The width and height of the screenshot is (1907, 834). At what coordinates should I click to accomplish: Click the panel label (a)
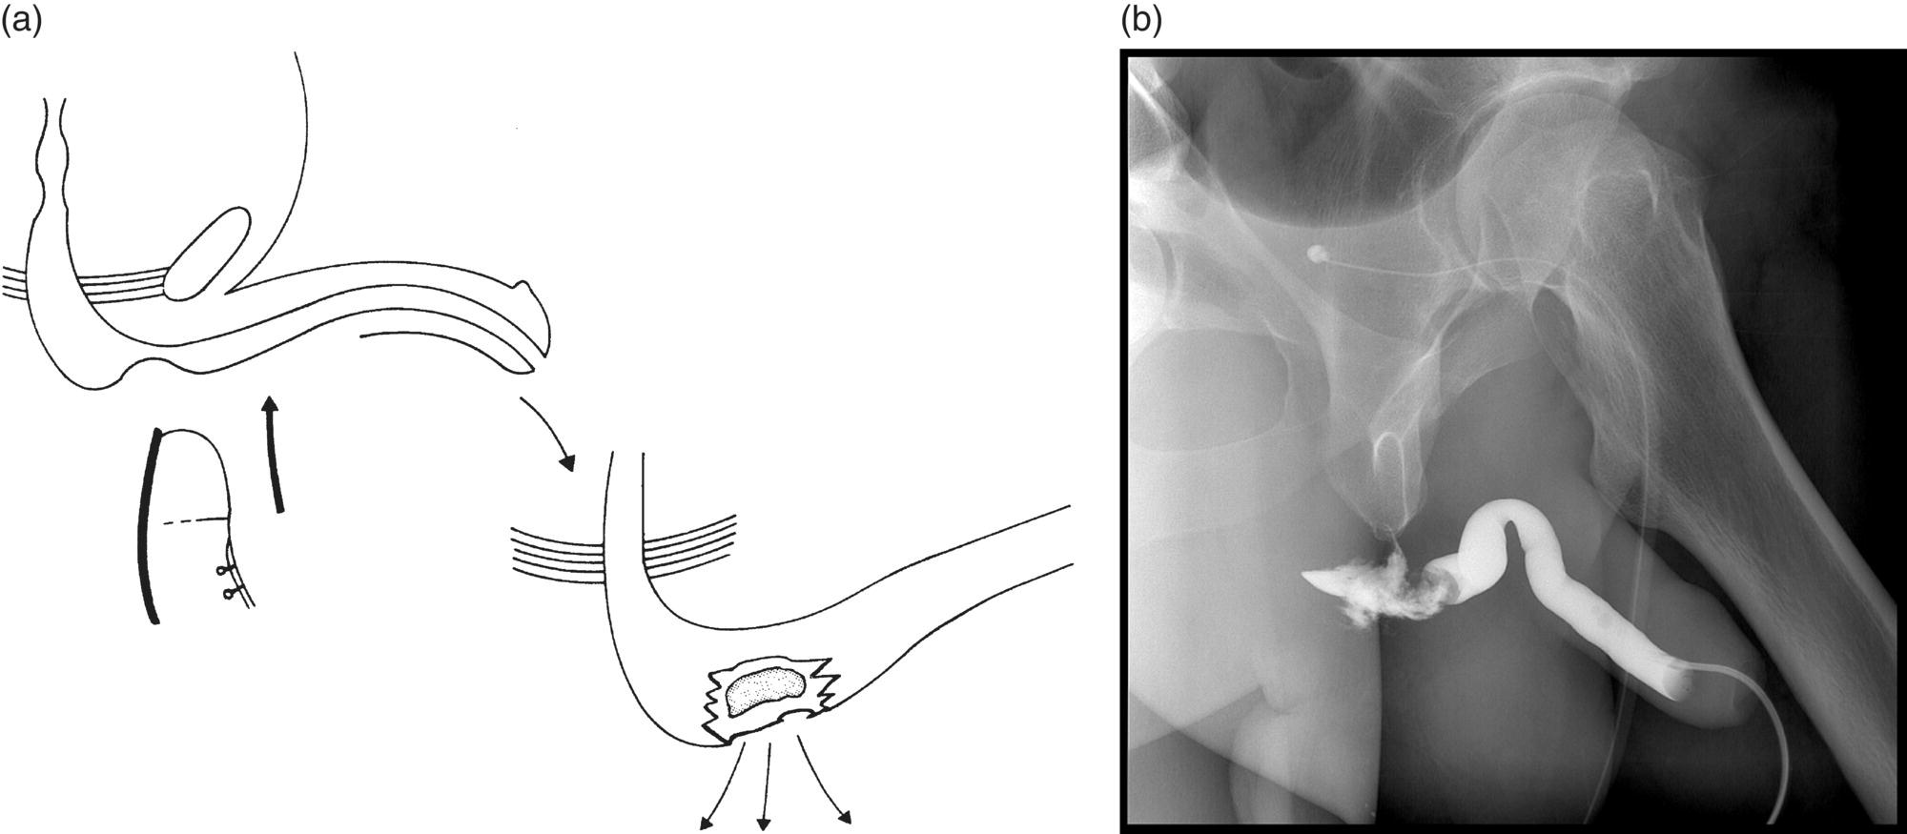[x=21, y=21]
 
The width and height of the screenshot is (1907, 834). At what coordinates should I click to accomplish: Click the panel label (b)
[x=1140, y=21]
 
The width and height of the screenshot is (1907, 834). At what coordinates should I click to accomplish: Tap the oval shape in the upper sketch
[x=208, y=251]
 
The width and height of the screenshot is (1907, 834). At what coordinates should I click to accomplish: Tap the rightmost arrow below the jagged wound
[x=822, y=782]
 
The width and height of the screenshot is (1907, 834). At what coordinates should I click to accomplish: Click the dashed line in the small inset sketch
[x=196, y=520]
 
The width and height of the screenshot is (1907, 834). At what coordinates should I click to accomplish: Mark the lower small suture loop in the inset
[x=229, y=594]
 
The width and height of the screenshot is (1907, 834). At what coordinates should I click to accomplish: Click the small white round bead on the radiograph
[x=1317, y=254]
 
